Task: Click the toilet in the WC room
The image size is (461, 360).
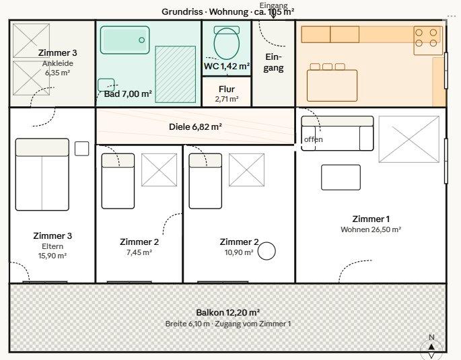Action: pyautogui.click(x=226, y=42)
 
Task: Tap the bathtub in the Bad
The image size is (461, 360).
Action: pyautogui.click(x=125, y=40)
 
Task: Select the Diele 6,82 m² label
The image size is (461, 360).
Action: pyautogui.click(x=195, y=127)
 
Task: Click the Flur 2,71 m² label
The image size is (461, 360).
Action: pyautogui.click(x=227, y=94)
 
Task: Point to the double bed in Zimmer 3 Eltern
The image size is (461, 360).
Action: pyautogui.click(x=42, y=174)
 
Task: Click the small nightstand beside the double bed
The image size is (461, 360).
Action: pyautogui.click(x=81, y=149)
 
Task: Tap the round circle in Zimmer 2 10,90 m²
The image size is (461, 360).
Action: pyautogui.click(x=267, y=251)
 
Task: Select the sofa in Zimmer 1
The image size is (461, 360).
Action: pyautogui.click(x=337, y=133)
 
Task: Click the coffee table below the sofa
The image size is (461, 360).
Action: pyautogui.click(x=341, y=177)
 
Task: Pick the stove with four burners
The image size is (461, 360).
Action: pyautogui.click(x=428, y=40)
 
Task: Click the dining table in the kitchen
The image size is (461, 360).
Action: pyautogui.click(x=332, y=85)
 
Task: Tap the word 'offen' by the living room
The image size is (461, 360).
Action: pyautogui.click(x=314, y=139)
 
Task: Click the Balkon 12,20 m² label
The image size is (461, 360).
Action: pyautogui.click(x=228, y=312)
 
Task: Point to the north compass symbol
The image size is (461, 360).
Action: pyautogui.click(x=431, y=347)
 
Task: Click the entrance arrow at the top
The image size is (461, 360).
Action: pyautogui.click(x=273, y=14)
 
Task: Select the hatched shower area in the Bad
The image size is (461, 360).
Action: pyautogui.click(x=176, y=74)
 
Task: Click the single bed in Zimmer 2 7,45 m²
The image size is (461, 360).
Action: pyautogui.click(x=118, y=181)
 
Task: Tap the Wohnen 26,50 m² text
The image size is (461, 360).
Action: pyautogui.click(x=371, y=229)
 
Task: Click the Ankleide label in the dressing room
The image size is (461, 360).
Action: pyautogui.click(x=58, y=63)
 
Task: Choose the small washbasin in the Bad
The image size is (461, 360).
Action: pyautogui.click(x=106, y=85)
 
